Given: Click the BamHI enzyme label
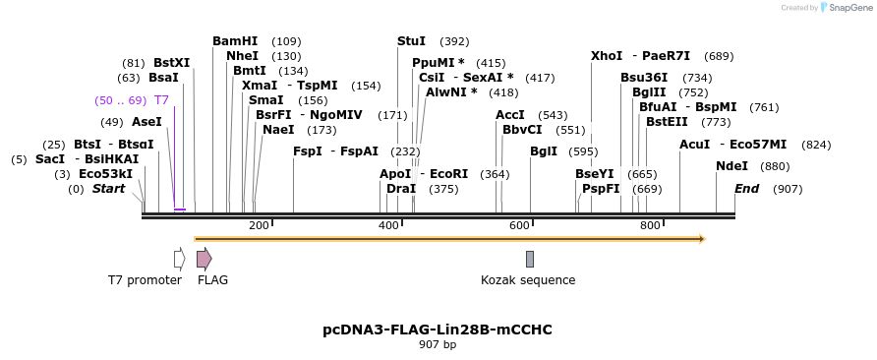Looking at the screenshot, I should (x=235, y=41).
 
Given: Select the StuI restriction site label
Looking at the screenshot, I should (x=411, y=41).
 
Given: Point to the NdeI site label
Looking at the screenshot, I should (x=731, y=166).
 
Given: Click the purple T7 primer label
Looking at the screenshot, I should (x=161, y=100).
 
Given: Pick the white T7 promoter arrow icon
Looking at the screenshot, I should (x=179, y=259).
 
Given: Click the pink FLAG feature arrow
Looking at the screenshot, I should (x=204, y=259).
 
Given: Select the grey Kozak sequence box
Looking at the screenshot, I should (x=530, y=259).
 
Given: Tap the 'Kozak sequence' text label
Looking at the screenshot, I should (x=528, y=280).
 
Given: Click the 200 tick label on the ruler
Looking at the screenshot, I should (x=259, y=226).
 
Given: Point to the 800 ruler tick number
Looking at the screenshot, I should (x=650, y=226).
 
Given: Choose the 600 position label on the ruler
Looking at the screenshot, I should (x=519, y=226).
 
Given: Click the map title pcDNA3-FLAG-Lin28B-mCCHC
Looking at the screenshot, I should (x=438, y=330).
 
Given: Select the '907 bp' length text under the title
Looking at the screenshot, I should (x=438, y=345).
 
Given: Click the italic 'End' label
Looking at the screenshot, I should (x=747, y=189).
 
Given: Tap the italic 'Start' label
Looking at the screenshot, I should (x=108, y=189).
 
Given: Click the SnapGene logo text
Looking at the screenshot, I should (x=848, y=8).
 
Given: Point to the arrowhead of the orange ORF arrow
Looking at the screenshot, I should (x=702, y=238).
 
